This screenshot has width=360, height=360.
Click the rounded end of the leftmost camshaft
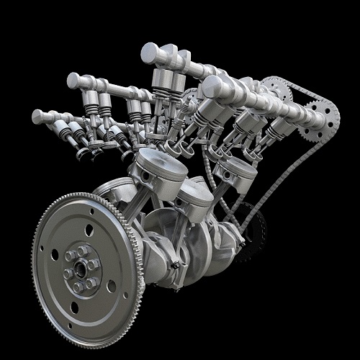point(37,116)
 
